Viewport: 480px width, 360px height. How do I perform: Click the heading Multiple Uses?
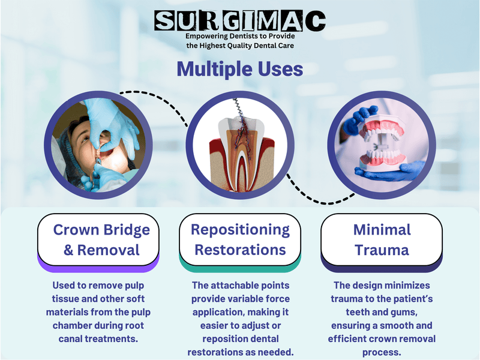point(240,68)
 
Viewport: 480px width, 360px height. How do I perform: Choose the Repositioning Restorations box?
point(240,239)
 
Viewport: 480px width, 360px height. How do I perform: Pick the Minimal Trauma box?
point(382,239)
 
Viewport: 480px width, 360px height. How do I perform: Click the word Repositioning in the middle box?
point(240,229)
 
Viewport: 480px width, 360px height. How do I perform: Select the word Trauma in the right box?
point(382,249)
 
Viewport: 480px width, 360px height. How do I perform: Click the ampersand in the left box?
point(69,249)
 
